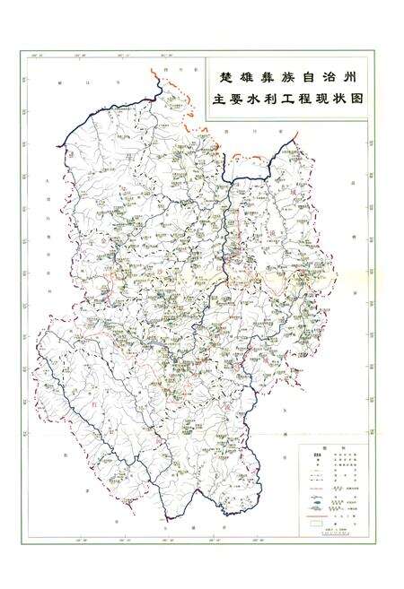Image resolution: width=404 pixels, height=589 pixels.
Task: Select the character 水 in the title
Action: (259, 100)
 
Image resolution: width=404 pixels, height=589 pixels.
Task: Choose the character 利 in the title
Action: (280, 100)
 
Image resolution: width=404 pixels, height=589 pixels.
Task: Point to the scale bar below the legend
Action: (333, 529)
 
